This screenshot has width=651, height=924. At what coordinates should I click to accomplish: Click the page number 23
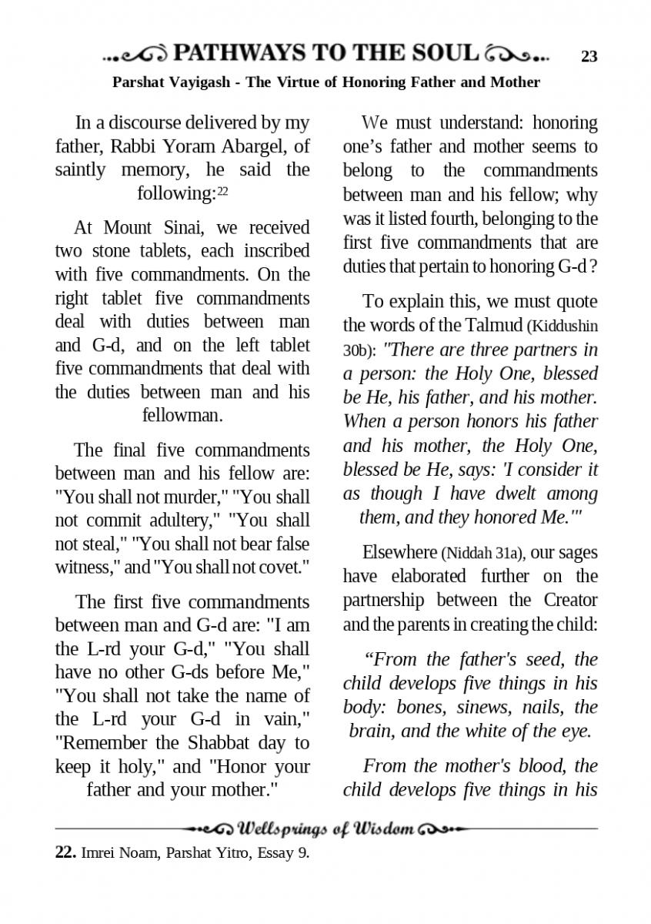589,56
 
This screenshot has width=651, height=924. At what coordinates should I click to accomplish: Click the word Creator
569,599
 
